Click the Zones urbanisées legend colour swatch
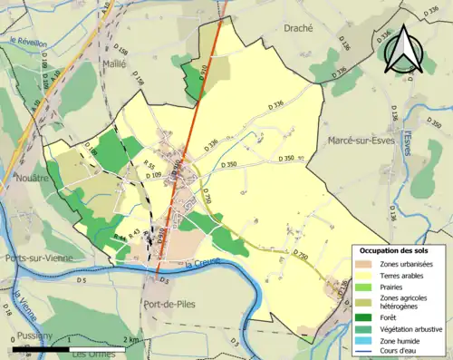(362, 264)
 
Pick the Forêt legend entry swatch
(362, 316)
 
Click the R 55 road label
(150, 164)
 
